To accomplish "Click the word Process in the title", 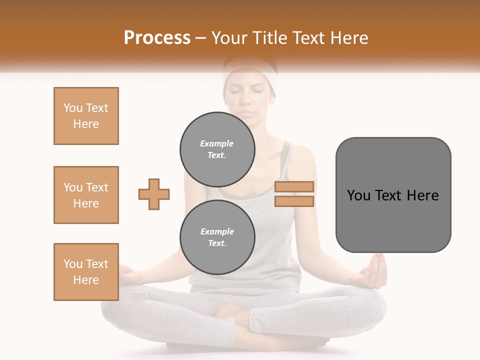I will [x=157, y=37].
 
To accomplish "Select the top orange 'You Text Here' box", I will [x=86, y=116].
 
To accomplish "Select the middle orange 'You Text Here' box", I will [x=86, y=195].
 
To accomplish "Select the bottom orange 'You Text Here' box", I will [x=86, y=272].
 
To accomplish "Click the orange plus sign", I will [x=154, y=194].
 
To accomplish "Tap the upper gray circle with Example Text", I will [x=217, y=149].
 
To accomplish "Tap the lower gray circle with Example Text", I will [x=217, y=237].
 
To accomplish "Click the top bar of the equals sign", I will [x=294, y=186].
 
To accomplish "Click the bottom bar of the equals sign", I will [x=294, y=201].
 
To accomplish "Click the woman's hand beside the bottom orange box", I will [x=128, y=273].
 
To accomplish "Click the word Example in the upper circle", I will [x=217, y=143].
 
